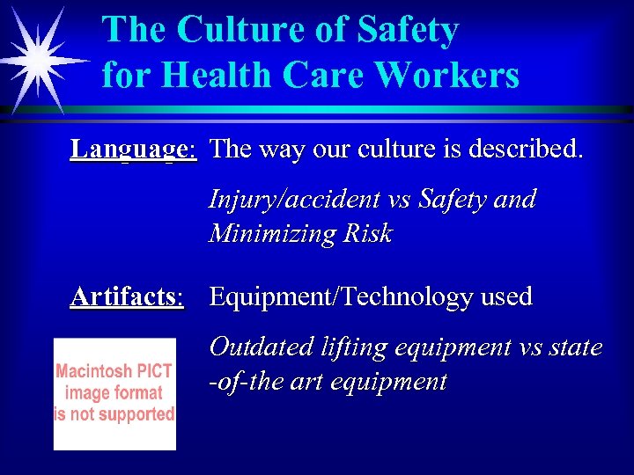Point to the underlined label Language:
tap(133, 149)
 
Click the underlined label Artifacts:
tap(128, 296)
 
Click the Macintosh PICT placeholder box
tap(114, 393)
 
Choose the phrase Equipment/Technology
tap(341, 297)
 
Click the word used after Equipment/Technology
tap(506, 296)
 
